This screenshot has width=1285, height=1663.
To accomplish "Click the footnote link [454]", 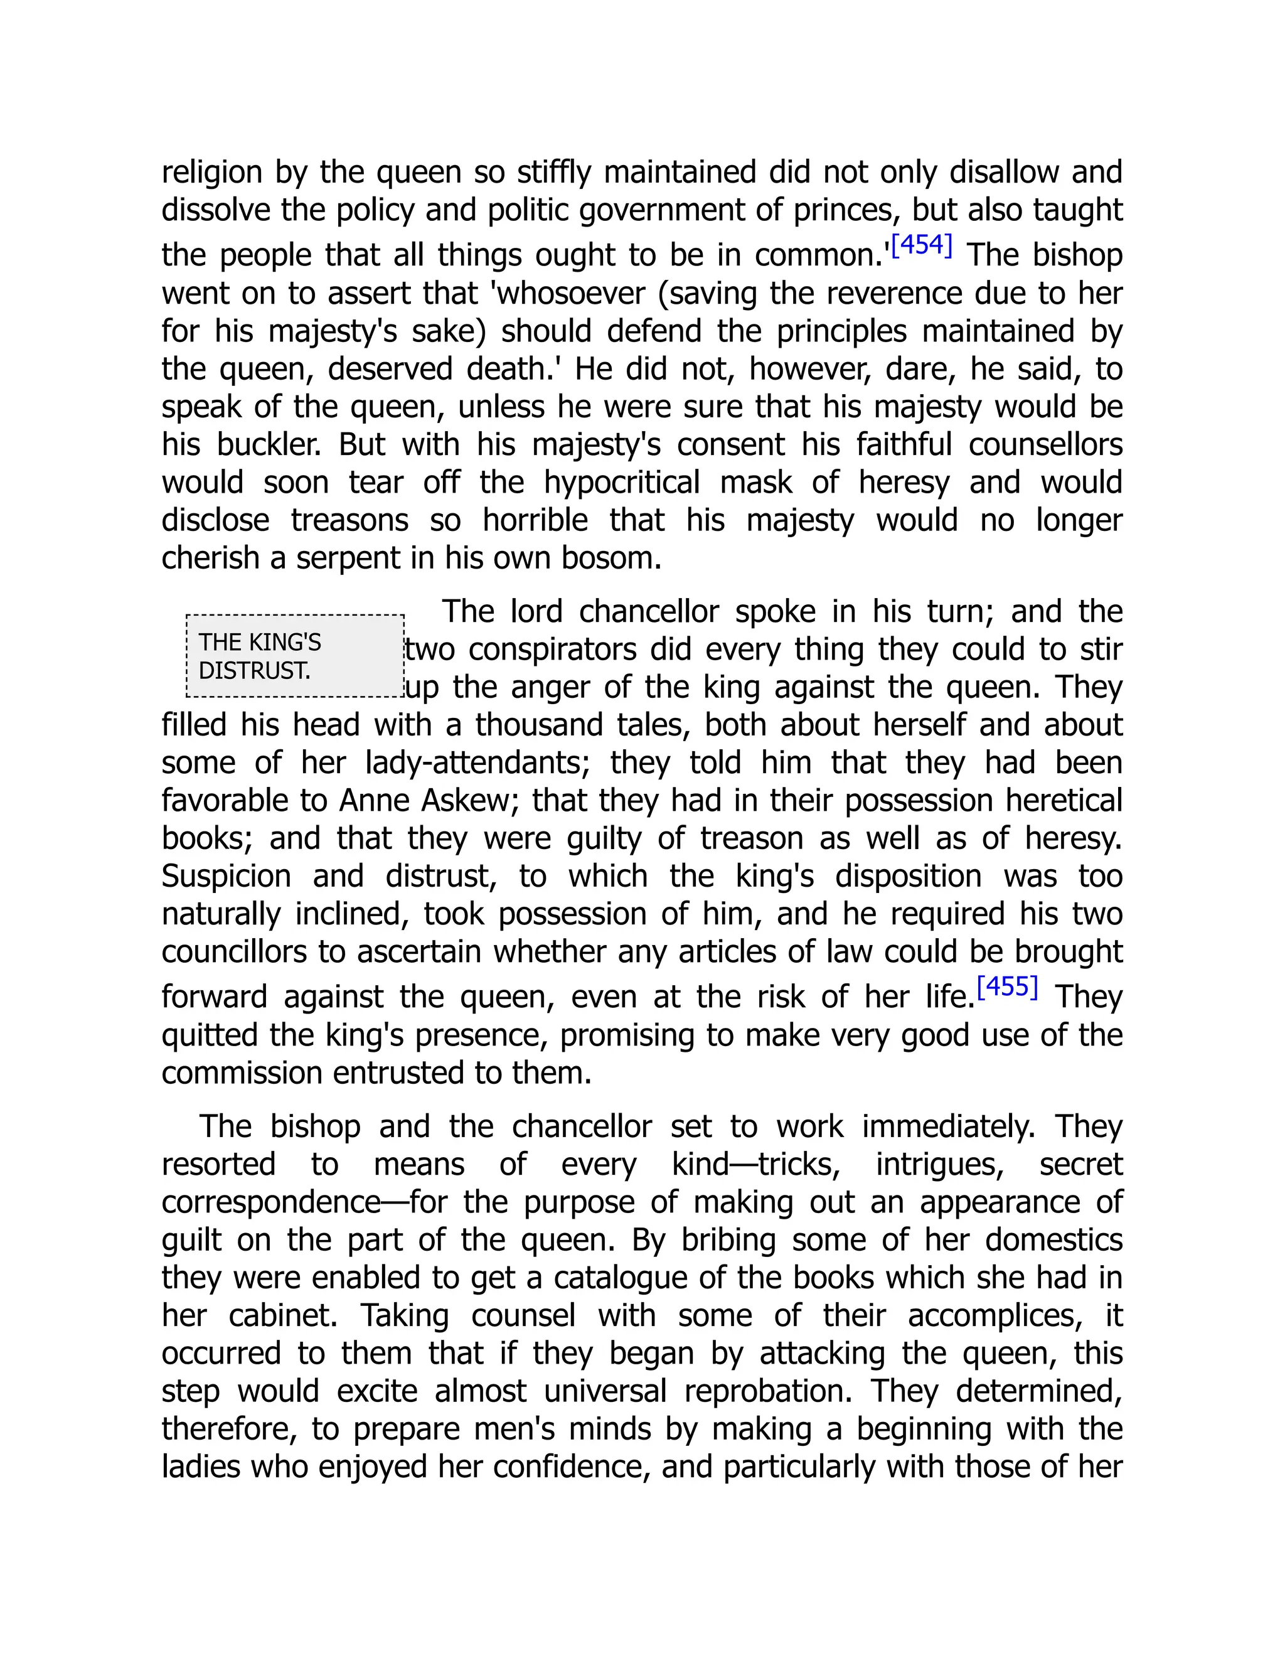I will click(x=921, y=245).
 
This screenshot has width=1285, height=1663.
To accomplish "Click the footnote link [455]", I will click(x=1007, y=987).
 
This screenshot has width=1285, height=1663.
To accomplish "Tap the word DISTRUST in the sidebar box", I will click(x=253, y=671).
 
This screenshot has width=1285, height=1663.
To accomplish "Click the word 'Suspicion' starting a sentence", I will click(x=226, y=877).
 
